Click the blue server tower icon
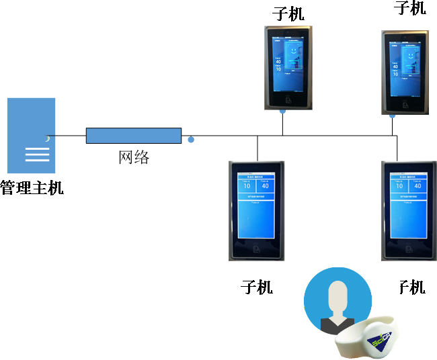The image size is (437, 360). pyautogui.click(x=31, y=135)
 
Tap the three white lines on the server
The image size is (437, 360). pyautogui.click(x=37, y=154)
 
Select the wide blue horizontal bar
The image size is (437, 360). pyautogui.click(x=134, y=136)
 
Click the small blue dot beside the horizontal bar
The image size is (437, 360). pyautogui.click(x=191, y=140)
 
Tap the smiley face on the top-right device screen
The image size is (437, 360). pyautogui.click(x=409, y=54)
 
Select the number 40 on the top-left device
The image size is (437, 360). pyautogui.click(x=278, y=61)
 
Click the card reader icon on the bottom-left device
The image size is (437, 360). pyautogui.click(x=255, y=249)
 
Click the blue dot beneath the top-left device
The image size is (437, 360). pyautogui.click(x=282, y=111)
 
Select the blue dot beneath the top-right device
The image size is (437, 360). pyautogui.click(x=393, y=115)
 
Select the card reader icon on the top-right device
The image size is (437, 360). pyautogui.click(x=405, y=105)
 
